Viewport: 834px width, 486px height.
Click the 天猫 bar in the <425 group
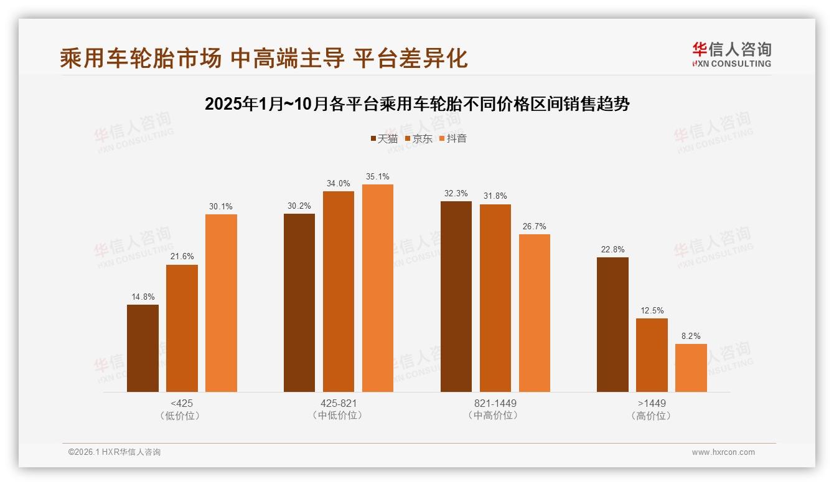coord(143,348)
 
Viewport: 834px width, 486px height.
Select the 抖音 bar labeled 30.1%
coord(221,303)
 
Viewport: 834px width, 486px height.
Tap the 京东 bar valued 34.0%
coord(339,292)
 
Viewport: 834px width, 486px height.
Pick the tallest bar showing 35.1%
coord(378,288)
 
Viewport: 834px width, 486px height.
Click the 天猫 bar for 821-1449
coord(456,297)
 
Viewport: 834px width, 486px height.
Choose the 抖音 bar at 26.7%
coord(535,313)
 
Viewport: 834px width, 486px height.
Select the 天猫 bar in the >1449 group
coord(612,325)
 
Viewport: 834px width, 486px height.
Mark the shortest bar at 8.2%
coord(691,368)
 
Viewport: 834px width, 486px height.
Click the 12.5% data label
coord(652,311)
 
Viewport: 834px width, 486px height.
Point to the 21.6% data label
coord(182,257)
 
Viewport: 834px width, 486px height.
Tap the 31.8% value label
coord(495,196)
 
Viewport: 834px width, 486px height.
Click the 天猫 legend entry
coord(384,138)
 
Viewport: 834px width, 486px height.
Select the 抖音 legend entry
coord(453,138)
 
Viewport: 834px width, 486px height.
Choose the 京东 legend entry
coord(418,138)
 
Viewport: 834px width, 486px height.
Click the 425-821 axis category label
coord(339,403)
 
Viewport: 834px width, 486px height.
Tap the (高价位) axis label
coord(652,416)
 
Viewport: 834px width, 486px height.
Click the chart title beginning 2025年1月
coord(417,103)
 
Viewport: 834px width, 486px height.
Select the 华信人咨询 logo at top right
coord(731,54)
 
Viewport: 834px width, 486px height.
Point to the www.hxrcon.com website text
coord(723,452)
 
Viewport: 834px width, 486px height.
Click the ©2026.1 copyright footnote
coord(115,452)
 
